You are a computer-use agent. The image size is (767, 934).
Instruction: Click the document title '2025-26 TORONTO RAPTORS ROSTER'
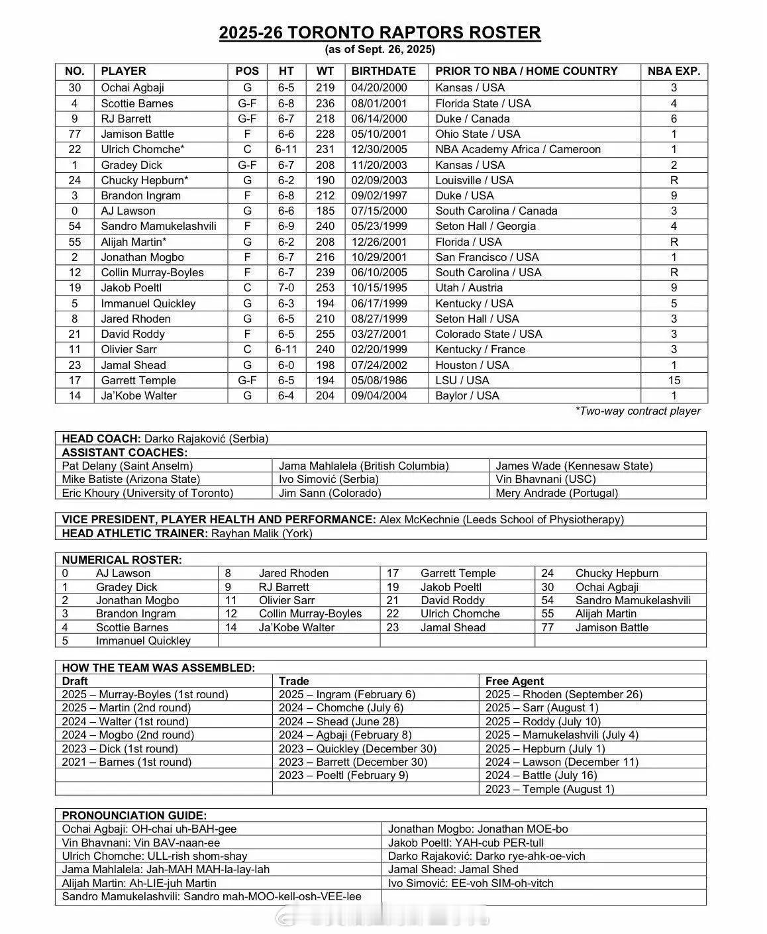tap(380, 32)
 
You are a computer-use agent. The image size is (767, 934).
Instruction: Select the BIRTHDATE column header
tap(383, 71)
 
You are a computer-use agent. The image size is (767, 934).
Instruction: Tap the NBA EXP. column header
tap(674, 71)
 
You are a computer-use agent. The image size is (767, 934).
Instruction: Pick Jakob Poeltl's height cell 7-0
tap(286, 287)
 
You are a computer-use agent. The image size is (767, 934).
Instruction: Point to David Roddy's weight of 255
tap(325, 334)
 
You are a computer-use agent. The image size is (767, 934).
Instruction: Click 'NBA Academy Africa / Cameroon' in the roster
tap(518, 149)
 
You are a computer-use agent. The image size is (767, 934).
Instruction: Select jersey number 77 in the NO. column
tap(75, 134)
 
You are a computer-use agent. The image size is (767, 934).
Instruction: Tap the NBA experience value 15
tap(674, 380)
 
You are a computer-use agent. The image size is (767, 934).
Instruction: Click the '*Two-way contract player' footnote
tap(638, 411)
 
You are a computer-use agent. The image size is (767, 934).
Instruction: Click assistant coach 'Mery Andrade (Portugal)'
tap(556, 493)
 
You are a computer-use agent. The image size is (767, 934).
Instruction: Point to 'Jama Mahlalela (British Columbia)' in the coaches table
tap(364, 466)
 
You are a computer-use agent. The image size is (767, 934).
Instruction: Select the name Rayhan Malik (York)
tap(262, 533)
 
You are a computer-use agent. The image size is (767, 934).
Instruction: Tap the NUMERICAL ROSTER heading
tap(122, 560)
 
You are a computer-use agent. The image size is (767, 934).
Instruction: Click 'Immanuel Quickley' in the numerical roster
tap(143, 641)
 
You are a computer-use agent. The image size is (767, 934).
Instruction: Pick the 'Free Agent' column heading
tap(515, 681)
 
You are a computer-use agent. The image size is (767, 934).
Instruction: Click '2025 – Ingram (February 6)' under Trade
tap(347, 694)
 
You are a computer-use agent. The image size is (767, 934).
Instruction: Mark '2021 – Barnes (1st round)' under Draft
tap(127, 762)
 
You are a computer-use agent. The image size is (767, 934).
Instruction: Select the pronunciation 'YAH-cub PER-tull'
tap(500, 843)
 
